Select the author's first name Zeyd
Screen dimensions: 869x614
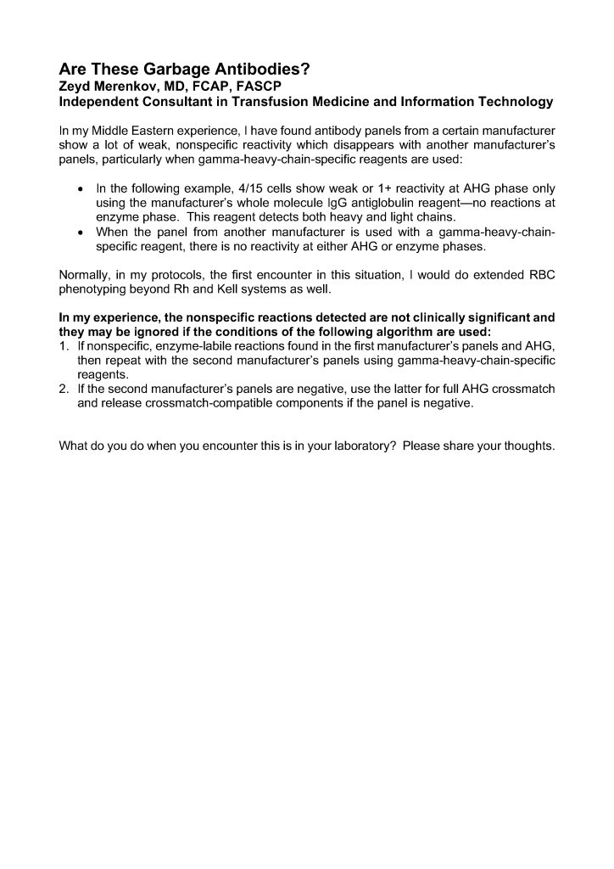click(76, 86)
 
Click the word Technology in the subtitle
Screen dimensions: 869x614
click(511, 102)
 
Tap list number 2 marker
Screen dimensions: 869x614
click(64, 390)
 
